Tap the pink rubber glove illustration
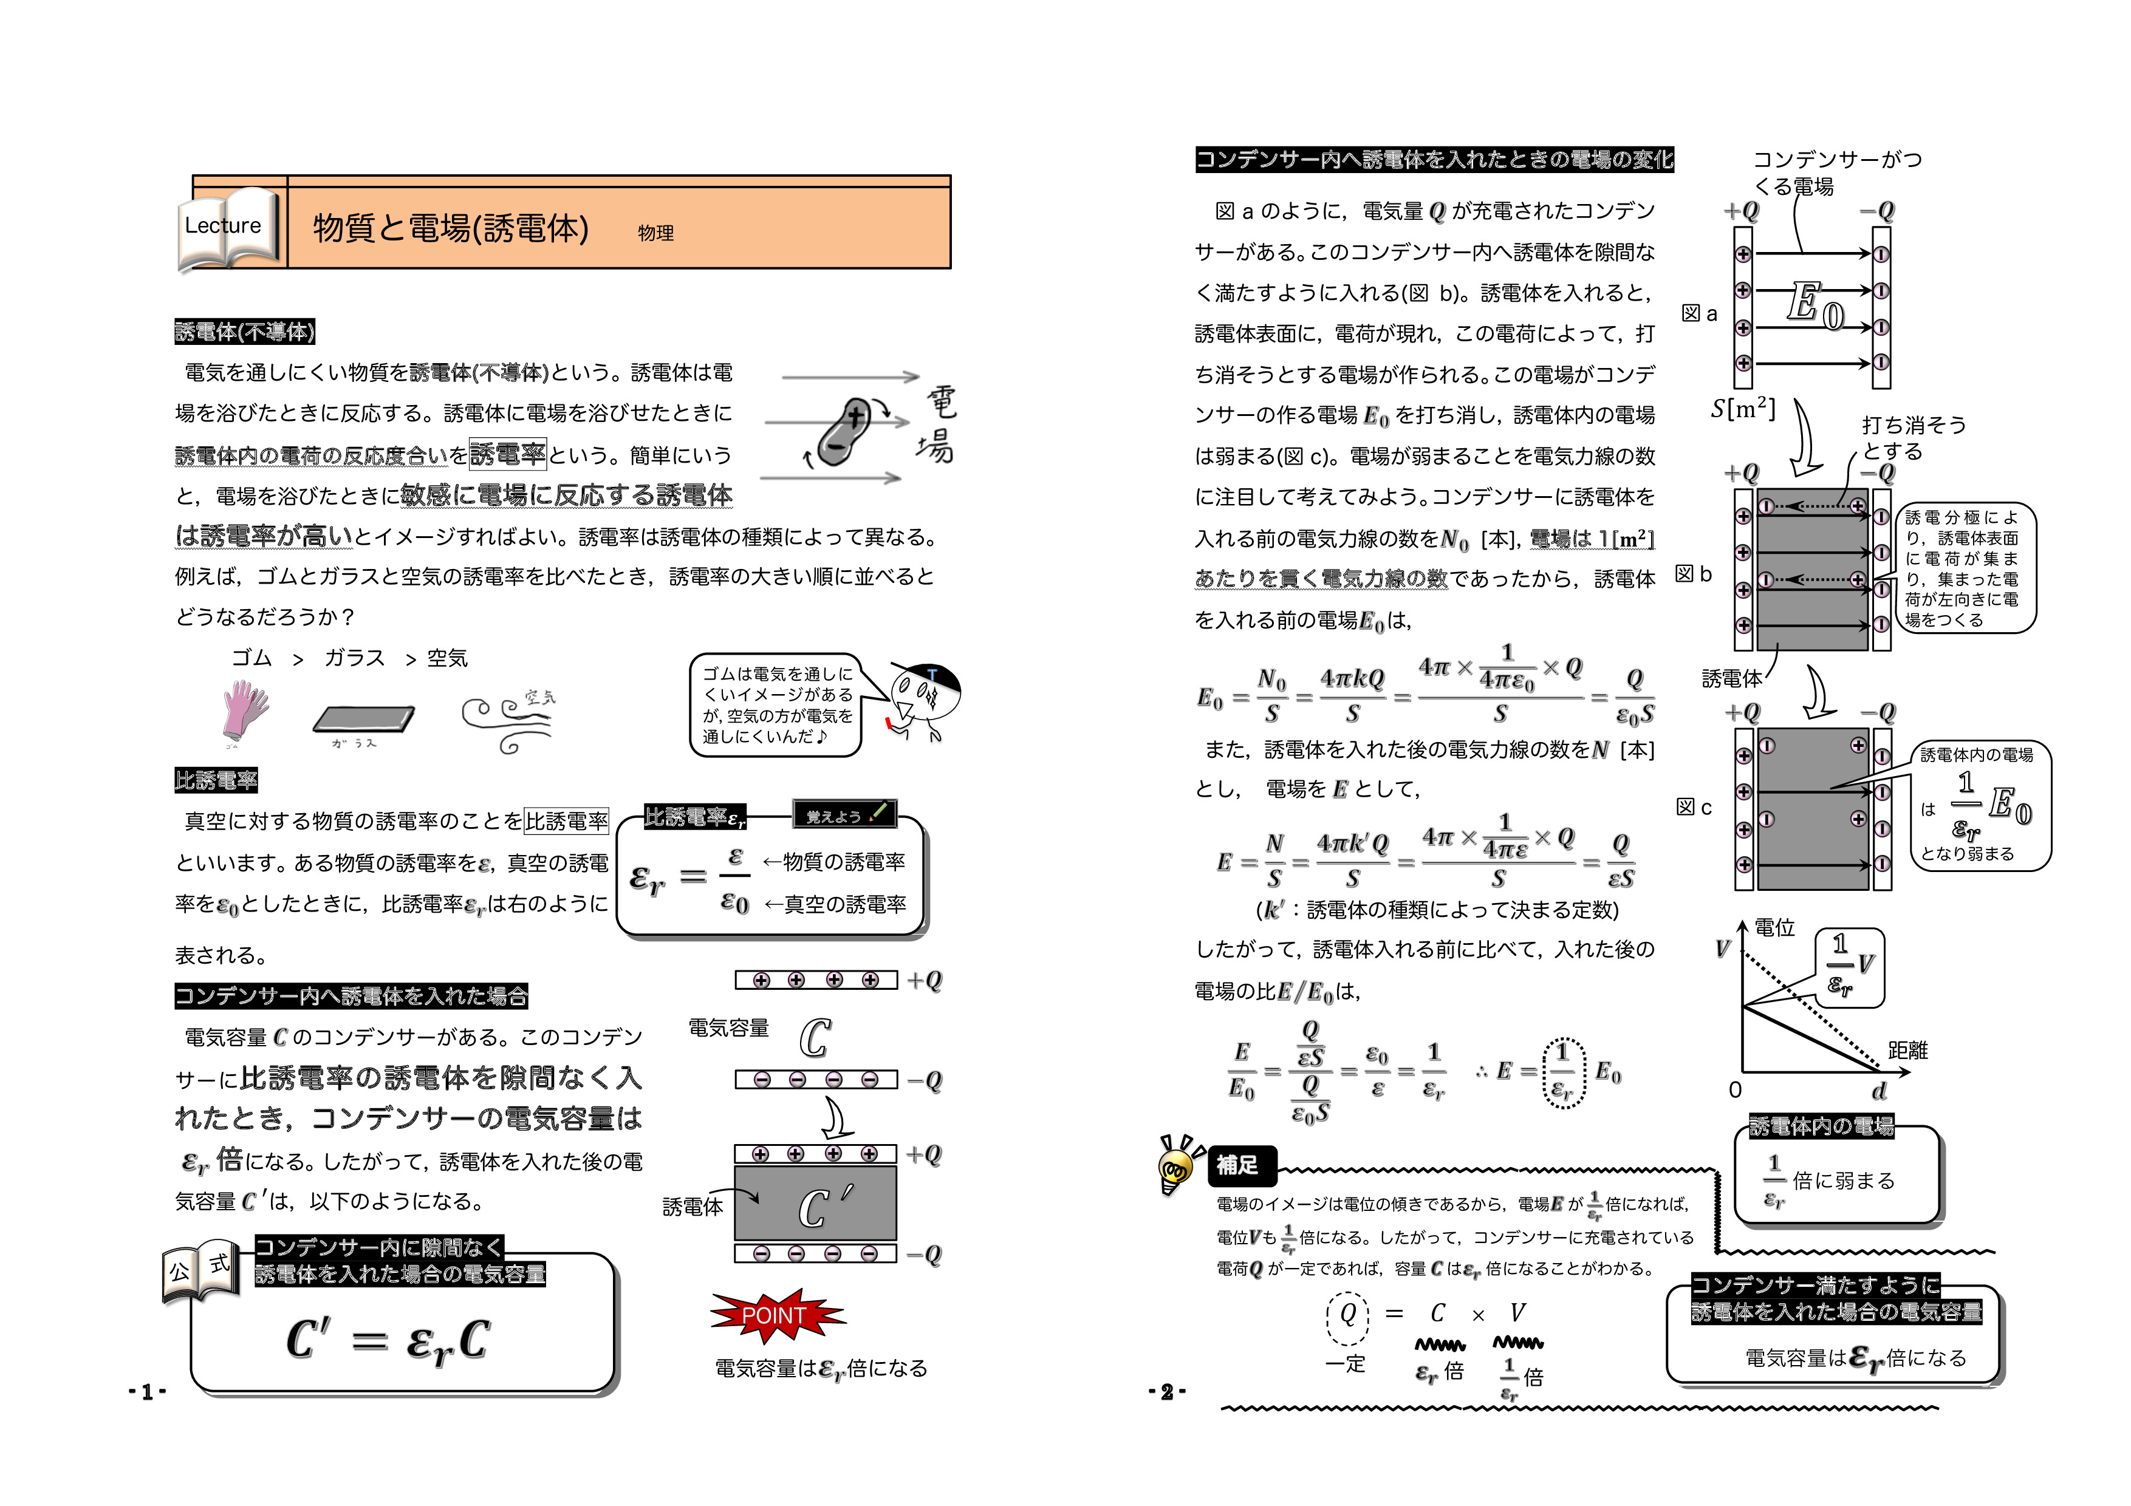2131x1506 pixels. [245, 710]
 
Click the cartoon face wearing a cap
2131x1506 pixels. [923, 697]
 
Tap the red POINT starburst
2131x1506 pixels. [776, 1315]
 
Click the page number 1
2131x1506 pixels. [146, 1391]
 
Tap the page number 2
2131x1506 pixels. [1167, 1391]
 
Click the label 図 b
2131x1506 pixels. [1694, 574]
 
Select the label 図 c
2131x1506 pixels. [1694, 807]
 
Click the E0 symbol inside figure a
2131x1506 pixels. [1815, 306]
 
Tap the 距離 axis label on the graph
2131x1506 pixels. [1907, 1051]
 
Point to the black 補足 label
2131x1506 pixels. [1237, 1165]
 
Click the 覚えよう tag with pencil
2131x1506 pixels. [844, 815]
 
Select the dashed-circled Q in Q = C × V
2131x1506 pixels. [1347, 1315]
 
